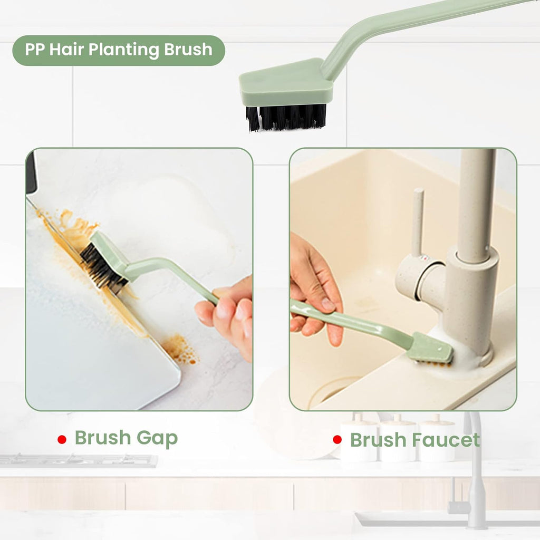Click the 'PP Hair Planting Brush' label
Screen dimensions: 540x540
pos(119,51)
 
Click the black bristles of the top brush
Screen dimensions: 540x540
pos(286,117)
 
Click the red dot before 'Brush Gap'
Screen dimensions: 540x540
pos(62,439)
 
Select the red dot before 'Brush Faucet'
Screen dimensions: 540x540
pos(337,439)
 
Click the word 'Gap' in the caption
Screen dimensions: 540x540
pos(157,438)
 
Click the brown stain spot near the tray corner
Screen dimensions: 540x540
pos(179,350)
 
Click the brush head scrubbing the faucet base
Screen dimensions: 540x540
pos(432,350)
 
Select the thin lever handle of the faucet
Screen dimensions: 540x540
pos(418,221)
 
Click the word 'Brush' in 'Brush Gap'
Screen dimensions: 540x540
pos(103,438)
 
